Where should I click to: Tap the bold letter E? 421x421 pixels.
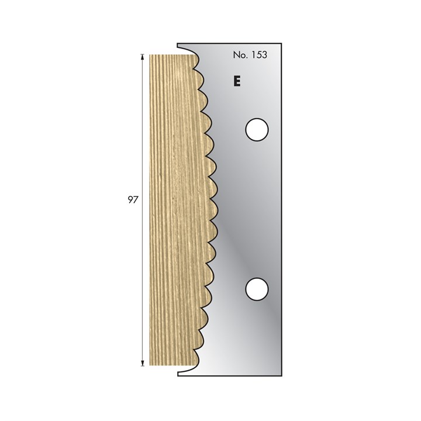click(x=237, y=81)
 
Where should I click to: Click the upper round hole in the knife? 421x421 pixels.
click(x=256, y=129)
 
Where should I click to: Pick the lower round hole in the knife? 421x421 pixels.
click(x=256, y=288)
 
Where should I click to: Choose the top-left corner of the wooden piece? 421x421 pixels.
click(x=150, y=55)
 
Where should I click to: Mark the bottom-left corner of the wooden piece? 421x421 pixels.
click(x=150, y=365)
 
